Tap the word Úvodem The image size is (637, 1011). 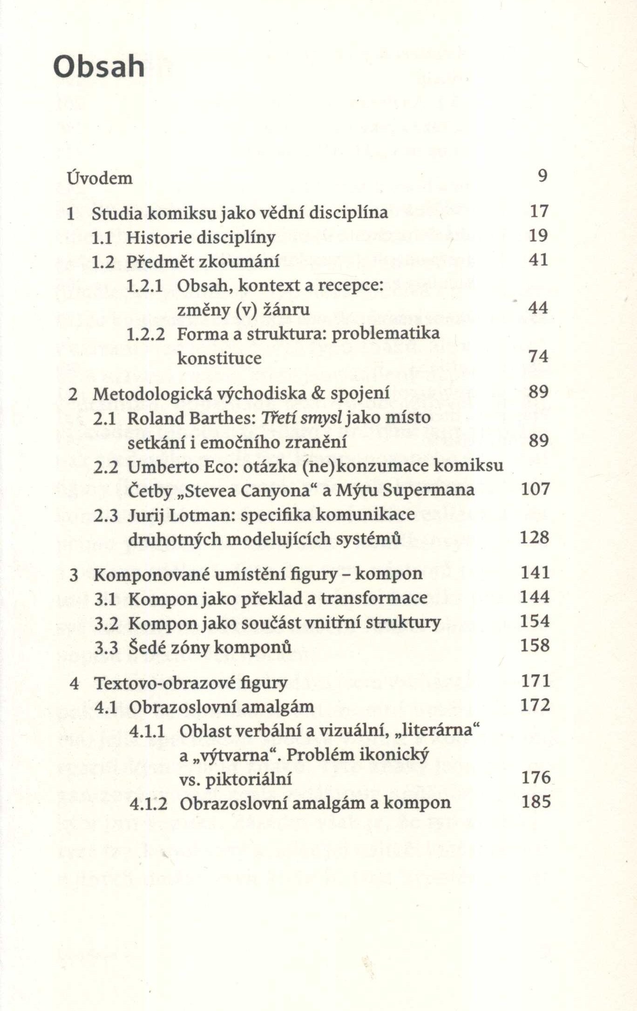[100, 178]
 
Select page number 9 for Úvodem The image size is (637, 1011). [542, 176]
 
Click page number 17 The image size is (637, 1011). [539, 211]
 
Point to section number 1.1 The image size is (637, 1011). [102, 238]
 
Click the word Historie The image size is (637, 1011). [159, 237]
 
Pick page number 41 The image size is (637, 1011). [539, 260]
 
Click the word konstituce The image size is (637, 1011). [219, 358]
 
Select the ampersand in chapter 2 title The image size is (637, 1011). [318, 393]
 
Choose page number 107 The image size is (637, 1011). [535, 489]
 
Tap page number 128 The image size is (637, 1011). [535, 538]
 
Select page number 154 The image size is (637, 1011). [535, 621]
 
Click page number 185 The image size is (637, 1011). [536, 802]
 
